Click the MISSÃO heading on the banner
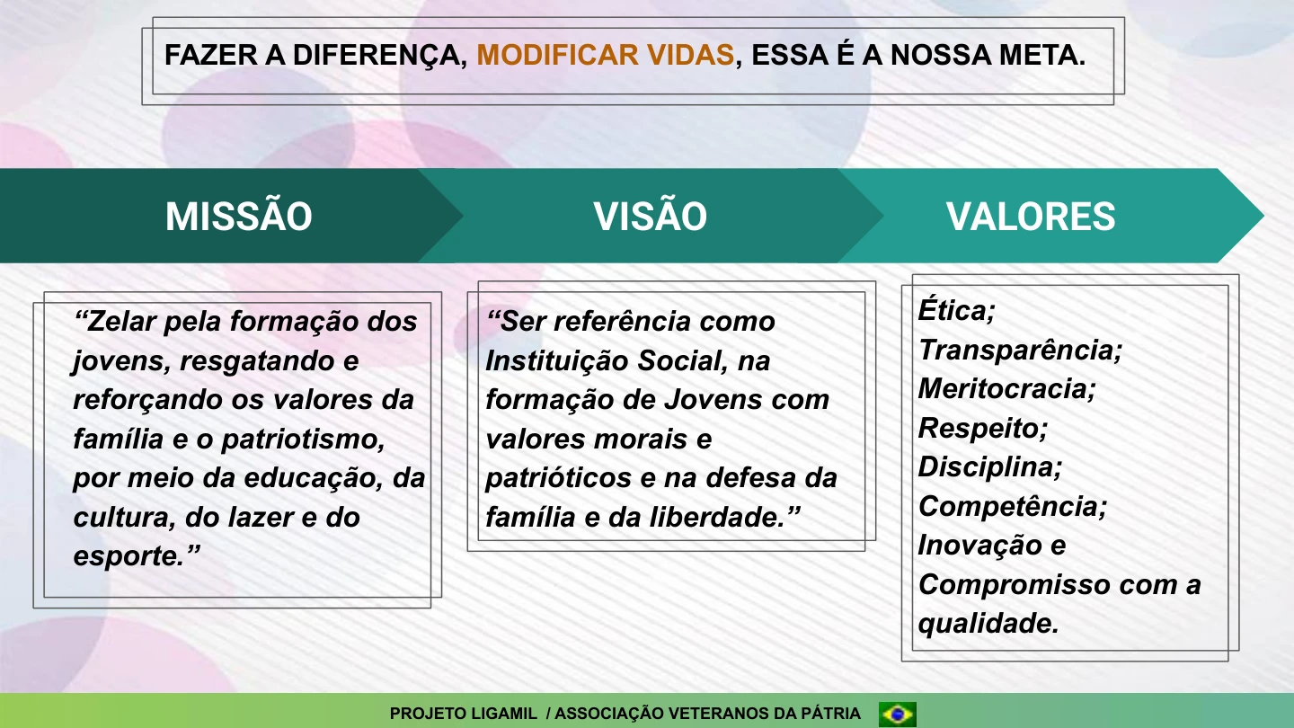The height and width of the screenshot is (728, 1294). click(x=239, y=217)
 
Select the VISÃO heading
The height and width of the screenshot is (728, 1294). click(x=650, y=217)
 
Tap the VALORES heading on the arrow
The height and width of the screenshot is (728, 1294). click(x=1031, y=217)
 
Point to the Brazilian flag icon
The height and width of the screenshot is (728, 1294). click(x=897, y=714)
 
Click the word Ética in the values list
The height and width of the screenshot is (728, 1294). click(x=954, y=311)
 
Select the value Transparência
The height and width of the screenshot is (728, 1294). click(x=1019, y=350)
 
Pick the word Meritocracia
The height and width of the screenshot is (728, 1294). click(x=1006, y=389)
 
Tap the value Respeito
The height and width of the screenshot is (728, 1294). click(x=981, y=428)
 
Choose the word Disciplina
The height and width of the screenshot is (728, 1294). click(x=988, y=467)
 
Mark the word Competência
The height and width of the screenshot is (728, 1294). click(x=1011, y=507)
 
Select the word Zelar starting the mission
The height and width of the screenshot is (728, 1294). click(x=125, y=322)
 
